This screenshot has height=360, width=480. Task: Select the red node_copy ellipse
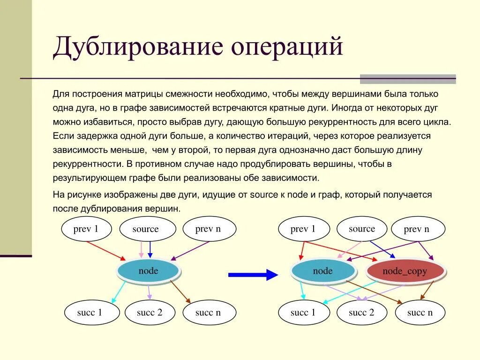coord(405,271)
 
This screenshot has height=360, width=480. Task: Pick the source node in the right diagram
coord(362,229)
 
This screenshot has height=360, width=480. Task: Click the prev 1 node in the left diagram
coord(87,229)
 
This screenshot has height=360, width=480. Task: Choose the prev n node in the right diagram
coord(417,229)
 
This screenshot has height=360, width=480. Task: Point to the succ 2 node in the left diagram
coord(150,312)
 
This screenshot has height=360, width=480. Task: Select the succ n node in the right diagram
coord(420,312)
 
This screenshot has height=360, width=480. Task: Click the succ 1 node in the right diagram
coord(303,312)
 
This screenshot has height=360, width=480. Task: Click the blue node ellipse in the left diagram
coord(148,271)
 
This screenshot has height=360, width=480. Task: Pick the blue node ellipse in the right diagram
coord(322,271)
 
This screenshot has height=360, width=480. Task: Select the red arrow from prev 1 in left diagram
coord(106,250)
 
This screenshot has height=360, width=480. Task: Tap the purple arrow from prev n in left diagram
coord(190,250)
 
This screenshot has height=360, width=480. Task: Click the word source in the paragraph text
coord(265,195)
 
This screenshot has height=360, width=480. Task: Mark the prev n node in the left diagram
coord(208,229)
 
